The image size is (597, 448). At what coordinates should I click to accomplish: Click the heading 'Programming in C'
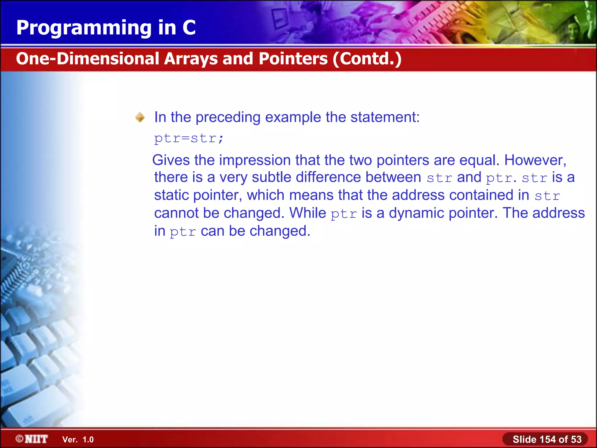point(106,28)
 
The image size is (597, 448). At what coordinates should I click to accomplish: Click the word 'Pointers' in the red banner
point(293,59)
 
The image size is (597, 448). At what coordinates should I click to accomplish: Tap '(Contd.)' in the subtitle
point(367,59)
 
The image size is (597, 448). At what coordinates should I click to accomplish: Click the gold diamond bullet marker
point(140,117)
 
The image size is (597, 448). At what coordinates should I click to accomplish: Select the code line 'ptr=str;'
point(189,138)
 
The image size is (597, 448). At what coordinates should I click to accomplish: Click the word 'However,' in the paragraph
point(535,160)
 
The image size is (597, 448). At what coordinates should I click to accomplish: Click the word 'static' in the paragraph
point(171,195)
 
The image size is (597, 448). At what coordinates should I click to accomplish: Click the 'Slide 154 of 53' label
point(547,439)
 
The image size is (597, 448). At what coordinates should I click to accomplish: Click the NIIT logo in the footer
point(32,439)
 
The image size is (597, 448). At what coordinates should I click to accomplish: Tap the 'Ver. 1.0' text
point(78,440)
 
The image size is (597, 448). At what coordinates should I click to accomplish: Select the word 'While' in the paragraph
point(308,213)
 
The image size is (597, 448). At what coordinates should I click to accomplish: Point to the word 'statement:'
point(385,117)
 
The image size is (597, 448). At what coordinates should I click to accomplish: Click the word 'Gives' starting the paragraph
point(171,160)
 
